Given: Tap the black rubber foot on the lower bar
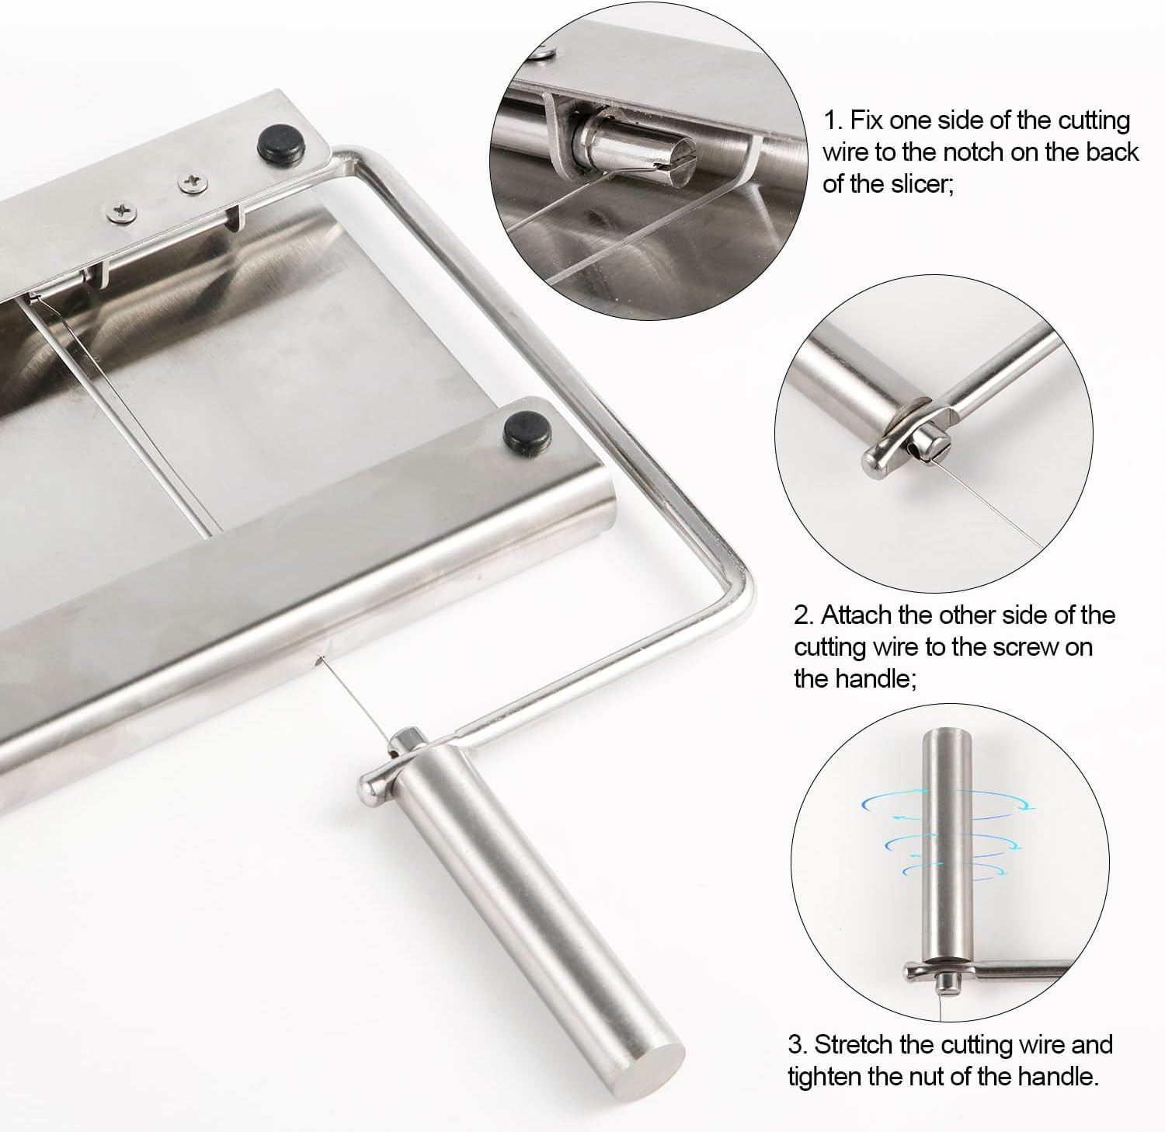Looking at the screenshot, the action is [524, 425].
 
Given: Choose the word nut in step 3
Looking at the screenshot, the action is [951, 1077].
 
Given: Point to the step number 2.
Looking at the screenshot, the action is [803, 615].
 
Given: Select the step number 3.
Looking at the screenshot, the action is [797, 1043].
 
